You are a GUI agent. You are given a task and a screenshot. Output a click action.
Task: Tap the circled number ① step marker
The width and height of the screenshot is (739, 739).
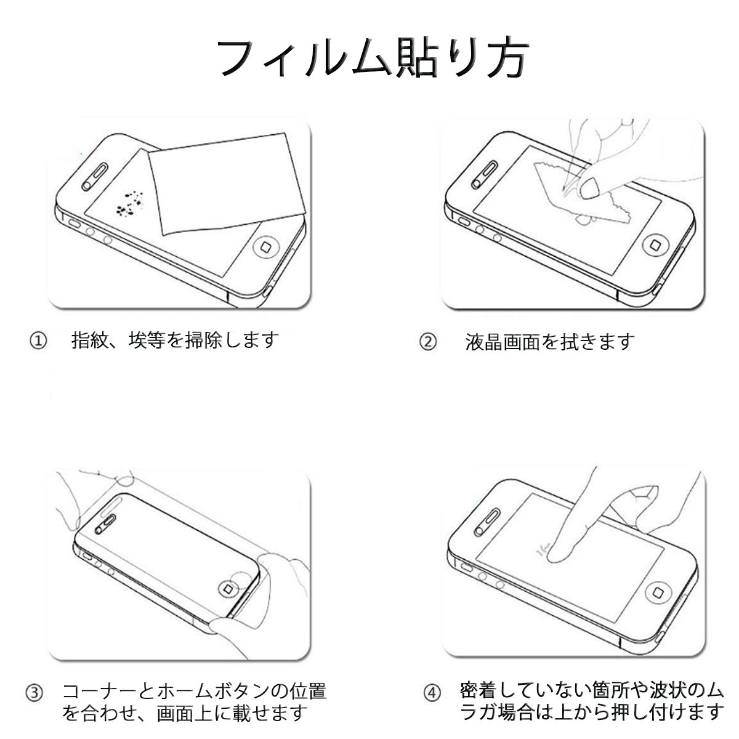pos(38,341)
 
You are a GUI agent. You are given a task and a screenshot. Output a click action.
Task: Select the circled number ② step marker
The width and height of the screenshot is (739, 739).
pos(427,342)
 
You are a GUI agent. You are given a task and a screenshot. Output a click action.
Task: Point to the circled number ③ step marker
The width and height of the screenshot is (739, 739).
pos(34,693)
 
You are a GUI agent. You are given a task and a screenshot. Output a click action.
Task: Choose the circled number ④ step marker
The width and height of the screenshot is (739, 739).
pos(432,693)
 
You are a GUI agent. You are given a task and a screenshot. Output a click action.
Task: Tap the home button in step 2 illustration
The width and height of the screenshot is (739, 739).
pos(655,244)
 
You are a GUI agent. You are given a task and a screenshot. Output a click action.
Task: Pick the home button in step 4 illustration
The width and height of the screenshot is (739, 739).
pos(658,592)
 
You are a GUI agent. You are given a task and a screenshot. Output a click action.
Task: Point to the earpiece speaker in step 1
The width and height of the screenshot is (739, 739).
pos(94,177)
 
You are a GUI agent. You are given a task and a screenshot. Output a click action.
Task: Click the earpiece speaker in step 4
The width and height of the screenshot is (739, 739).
pos(487,523)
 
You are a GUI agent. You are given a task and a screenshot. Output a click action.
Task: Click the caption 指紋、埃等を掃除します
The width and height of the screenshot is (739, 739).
pos(175,340)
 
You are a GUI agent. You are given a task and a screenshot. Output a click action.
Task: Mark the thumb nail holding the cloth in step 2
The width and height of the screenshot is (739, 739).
pos(591,188)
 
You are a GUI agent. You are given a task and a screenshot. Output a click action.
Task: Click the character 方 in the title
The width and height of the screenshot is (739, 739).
pos(508,57)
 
